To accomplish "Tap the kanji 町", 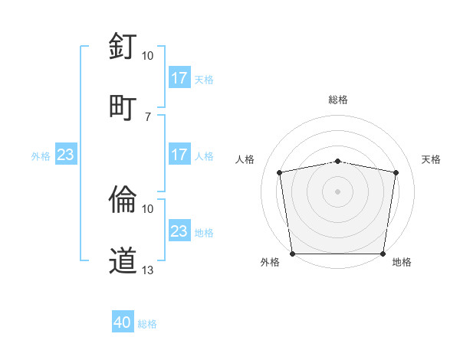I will point(123,106).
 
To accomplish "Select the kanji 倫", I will point(123,199).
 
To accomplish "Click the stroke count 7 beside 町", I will point(148,116).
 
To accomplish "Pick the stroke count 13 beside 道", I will point(148,270).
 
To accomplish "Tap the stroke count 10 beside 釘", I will point(148,56).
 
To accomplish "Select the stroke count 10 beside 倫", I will point(148,208).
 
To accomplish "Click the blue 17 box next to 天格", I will point(179,78).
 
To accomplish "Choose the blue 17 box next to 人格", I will point(179,155).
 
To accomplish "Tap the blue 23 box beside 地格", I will point(179,231).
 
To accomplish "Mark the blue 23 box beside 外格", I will point(65,155).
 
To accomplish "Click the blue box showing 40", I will point(123,322).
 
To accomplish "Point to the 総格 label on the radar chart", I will point(338,100).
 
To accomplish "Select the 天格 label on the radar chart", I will point(432,159).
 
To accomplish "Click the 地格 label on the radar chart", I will point(402,262).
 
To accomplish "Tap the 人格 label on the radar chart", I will point(245,159).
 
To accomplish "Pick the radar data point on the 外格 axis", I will point(292,254).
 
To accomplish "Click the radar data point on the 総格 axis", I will point(338,161).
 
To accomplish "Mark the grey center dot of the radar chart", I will point(338,191).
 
